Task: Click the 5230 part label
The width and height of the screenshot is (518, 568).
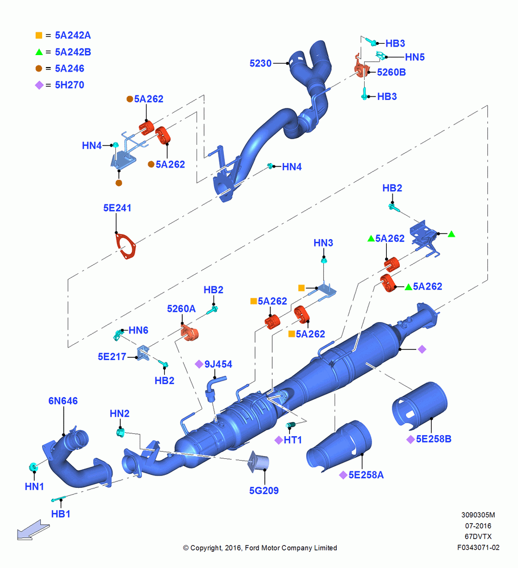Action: pos(261,64)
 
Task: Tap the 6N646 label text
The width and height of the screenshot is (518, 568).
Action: pos(63,401)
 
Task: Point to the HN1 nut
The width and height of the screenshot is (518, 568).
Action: pos(34,467)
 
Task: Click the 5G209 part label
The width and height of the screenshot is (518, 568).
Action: pos(264,491)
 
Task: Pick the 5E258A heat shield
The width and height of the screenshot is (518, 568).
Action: pos(339,446)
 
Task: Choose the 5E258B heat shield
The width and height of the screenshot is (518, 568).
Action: pos(420,405)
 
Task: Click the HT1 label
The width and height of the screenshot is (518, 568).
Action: pos(293,440)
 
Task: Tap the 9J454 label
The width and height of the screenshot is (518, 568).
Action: pos(218,364)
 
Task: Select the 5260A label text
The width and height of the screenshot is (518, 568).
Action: pos(181,308)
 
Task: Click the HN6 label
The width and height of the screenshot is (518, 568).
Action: pos(139,331)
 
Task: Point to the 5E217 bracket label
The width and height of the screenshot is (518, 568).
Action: pos(112,357)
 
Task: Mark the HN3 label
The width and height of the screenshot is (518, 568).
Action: pos(323,243)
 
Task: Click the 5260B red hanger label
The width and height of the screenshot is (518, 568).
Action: pos(391,73)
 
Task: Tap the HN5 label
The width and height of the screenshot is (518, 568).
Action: pos(415,57)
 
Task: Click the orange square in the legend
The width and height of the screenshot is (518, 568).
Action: pos(39,35)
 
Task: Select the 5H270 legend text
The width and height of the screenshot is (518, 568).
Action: pos(69,85)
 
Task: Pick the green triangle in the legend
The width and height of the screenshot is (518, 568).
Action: pos(39,52)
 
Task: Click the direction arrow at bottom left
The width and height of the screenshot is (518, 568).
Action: pos(34,530)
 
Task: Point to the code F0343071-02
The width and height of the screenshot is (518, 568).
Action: pos(478,548)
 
